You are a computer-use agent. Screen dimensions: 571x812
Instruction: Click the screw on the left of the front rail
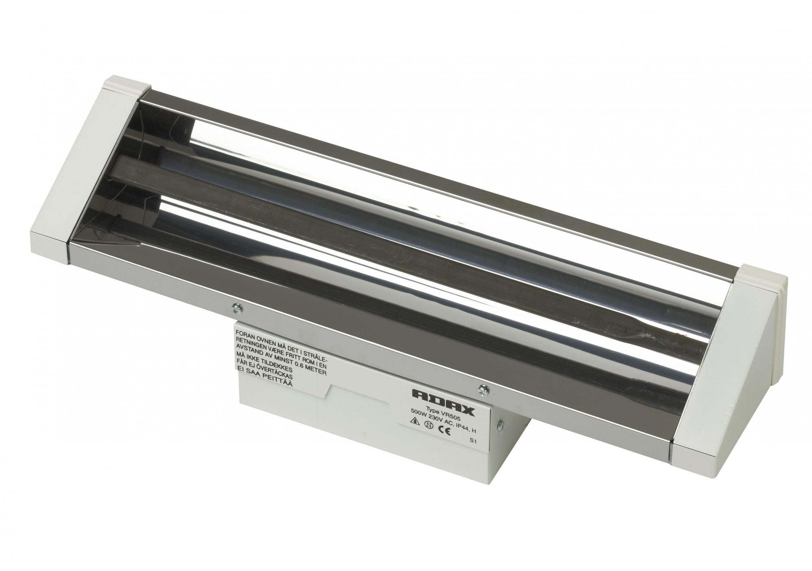236,308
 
